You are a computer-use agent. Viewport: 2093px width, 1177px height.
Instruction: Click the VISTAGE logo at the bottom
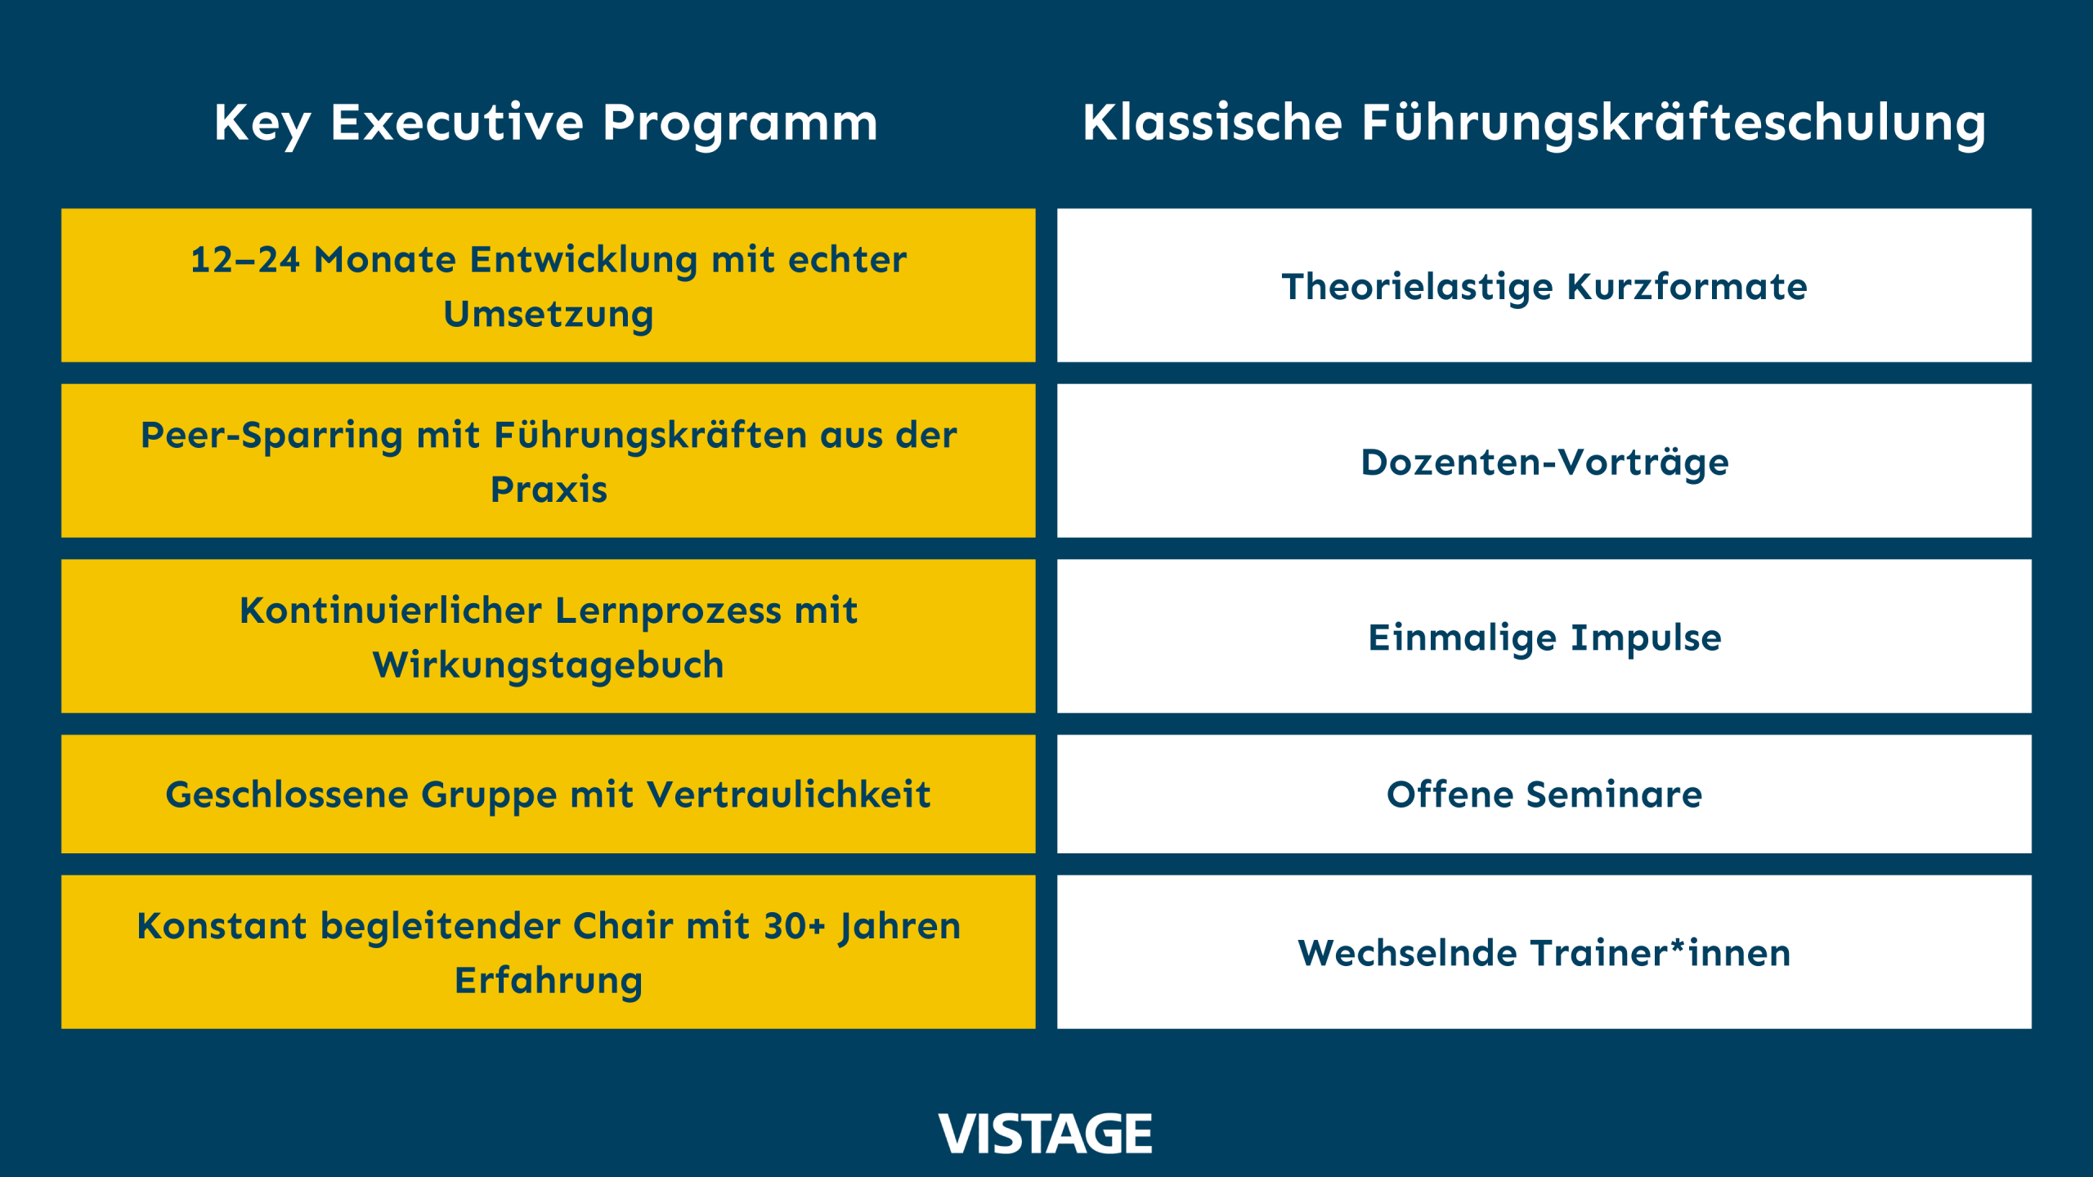1045,1134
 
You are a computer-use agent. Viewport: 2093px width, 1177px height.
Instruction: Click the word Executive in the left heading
457,123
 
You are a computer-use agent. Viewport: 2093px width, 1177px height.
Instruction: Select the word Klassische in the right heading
1212,123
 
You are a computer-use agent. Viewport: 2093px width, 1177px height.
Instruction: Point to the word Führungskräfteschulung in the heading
1674,123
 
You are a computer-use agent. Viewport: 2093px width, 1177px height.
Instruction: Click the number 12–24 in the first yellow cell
245,260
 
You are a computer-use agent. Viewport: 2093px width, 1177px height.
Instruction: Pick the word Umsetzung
549,315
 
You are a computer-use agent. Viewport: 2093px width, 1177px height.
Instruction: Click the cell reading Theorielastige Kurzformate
1544,286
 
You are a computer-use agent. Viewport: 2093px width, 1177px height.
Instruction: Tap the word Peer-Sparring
271,436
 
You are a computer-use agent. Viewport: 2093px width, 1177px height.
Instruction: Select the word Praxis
549,490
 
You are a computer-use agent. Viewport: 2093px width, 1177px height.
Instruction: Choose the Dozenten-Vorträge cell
1544,462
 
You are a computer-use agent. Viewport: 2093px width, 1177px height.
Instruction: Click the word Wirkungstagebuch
549,665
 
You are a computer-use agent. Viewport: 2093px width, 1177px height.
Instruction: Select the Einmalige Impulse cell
1544,638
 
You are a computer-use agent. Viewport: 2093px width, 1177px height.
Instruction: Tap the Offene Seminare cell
1544,794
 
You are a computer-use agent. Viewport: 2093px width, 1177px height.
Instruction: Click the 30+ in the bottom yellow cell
794,926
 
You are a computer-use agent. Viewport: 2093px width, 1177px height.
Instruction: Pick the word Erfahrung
549,981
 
